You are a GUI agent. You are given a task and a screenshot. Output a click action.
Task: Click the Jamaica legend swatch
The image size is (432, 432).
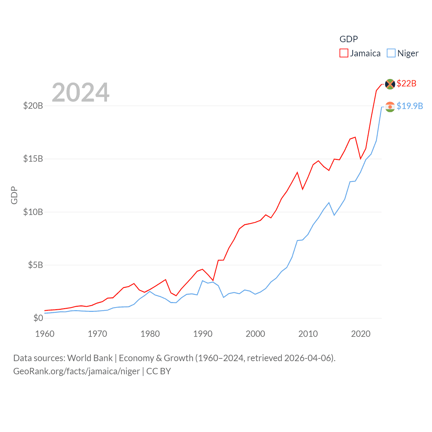pyautogui.click(x=344, y=53)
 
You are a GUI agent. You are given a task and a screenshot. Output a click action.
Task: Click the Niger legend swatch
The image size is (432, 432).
pyautogui.click(x=391, y=53)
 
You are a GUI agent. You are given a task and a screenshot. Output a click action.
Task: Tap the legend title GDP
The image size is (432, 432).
pyautogui.click(x=348, y=39)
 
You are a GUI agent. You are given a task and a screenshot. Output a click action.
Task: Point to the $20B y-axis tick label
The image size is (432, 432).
pyautogui.click(x=33, y=106)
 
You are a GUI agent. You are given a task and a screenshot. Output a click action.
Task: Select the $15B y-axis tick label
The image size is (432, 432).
pyautogui.click(x=33, y=159)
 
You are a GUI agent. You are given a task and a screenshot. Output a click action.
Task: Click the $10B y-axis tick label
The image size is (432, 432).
pyautogui.click(x=33, y=212)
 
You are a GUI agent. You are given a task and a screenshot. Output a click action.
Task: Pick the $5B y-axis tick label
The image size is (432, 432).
pyautogui.click(x=35, y=265)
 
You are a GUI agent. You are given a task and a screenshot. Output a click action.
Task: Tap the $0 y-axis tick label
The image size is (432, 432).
pyautogui.click(x=38, y=318)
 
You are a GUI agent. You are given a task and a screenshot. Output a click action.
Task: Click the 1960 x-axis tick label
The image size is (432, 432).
pyautogui.click(x=45, y=334)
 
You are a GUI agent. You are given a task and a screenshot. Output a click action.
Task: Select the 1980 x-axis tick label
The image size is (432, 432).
pyautogui.click(x=150, y=334)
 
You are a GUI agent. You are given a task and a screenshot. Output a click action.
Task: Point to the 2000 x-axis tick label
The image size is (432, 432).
pyautogui.click(x=255, y=334)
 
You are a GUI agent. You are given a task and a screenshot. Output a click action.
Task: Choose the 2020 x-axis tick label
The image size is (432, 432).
pyautogui.click(x=361, y=334)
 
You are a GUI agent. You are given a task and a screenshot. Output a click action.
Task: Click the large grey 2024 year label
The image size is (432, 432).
pyautogui.click(x=81, y=92)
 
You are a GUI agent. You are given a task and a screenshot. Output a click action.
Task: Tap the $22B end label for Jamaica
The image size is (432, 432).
pyautogui.click(x=406, y=83)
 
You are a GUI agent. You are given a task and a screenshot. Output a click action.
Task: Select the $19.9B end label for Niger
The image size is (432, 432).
pyautogui.click(x=410, y=106)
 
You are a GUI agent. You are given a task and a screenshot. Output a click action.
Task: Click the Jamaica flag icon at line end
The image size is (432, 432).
pyautogui.click(x=390, y=84)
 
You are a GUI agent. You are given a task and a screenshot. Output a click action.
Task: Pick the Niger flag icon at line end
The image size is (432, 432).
pyautogui.click(x=390, y=107)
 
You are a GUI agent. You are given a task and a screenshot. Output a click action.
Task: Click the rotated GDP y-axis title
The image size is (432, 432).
pyautogui.click(x=14, y=195)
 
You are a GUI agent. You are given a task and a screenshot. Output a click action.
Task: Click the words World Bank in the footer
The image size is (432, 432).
pyautogui.click(x=90, y=358)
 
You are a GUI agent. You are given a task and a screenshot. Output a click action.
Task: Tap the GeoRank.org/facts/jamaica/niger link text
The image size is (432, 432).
pyautogui.click(x=76, y=371)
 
